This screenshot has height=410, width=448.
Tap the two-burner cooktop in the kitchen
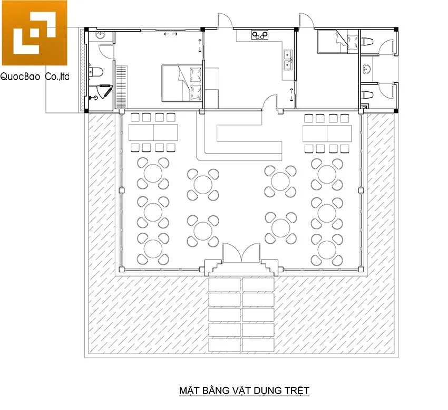click(x=259, y=36)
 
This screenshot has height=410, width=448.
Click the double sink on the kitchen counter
click(x=288, y=60)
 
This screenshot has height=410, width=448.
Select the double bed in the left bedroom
click(x=182, y=83)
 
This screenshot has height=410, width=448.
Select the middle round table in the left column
click(x=153, y=209)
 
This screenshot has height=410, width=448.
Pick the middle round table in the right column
click(x=327, y=209)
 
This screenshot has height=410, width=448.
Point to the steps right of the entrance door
click(x=271, y=266)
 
